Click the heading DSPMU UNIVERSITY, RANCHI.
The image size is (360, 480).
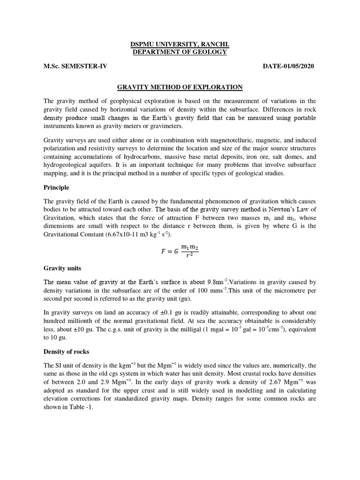point(180,45)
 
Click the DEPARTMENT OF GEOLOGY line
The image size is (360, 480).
point(180,52)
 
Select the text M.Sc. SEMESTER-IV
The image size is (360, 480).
point(75,66)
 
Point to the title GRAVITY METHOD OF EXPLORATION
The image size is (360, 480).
point(180,87)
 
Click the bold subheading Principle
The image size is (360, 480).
point(56,187)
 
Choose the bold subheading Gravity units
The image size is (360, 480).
point(62,269)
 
